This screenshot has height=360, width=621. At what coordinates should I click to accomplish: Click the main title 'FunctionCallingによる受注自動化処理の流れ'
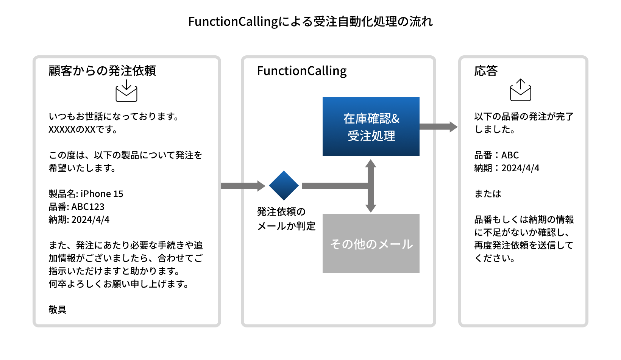pos(310,22)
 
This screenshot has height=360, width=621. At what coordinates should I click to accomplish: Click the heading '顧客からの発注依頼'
pos(102,71)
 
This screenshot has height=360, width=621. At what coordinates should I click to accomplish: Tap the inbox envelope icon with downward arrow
pos(126,91)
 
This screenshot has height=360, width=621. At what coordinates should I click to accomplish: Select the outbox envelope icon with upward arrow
pos(521,90)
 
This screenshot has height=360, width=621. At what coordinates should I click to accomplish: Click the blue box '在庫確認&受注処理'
pos(371,127)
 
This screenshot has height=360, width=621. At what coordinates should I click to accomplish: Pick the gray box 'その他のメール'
pos(371,243)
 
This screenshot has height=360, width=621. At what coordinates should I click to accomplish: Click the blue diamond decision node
pos(284,186)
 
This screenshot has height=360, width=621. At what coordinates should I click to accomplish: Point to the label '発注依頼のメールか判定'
pos(286,219)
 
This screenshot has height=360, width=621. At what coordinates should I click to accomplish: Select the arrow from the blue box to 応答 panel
pos(438,127)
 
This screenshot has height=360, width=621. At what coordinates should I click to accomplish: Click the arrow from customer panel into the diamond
pos(243,186)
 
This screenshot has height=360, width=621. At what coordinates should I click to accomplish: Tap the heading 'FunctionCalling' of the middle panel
pos(302,71)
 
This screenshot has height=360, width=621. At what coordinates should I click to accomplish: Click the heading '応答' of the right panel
pos(486,71)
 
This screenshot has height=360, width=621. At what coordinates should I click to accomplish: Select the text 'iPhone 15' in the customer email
pos(102,194)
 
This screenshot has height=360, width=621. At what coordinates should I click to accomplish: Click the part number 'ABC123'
pos(88,207)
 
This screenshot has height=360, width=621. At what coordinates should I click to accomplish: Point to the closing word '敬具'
pos(58,310)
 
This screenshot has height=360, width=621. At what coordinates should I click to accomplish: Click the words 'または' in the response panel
pos(488,194)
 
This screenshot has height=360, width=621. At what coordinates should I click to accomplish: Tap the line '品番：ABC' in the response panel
pos(496,155)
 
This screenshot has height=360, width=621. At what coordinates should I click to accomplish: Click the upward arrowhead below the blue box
pos(371,163)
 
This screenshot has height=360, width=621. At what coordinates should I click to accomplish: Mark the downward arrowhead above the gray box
pos(371,208)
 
